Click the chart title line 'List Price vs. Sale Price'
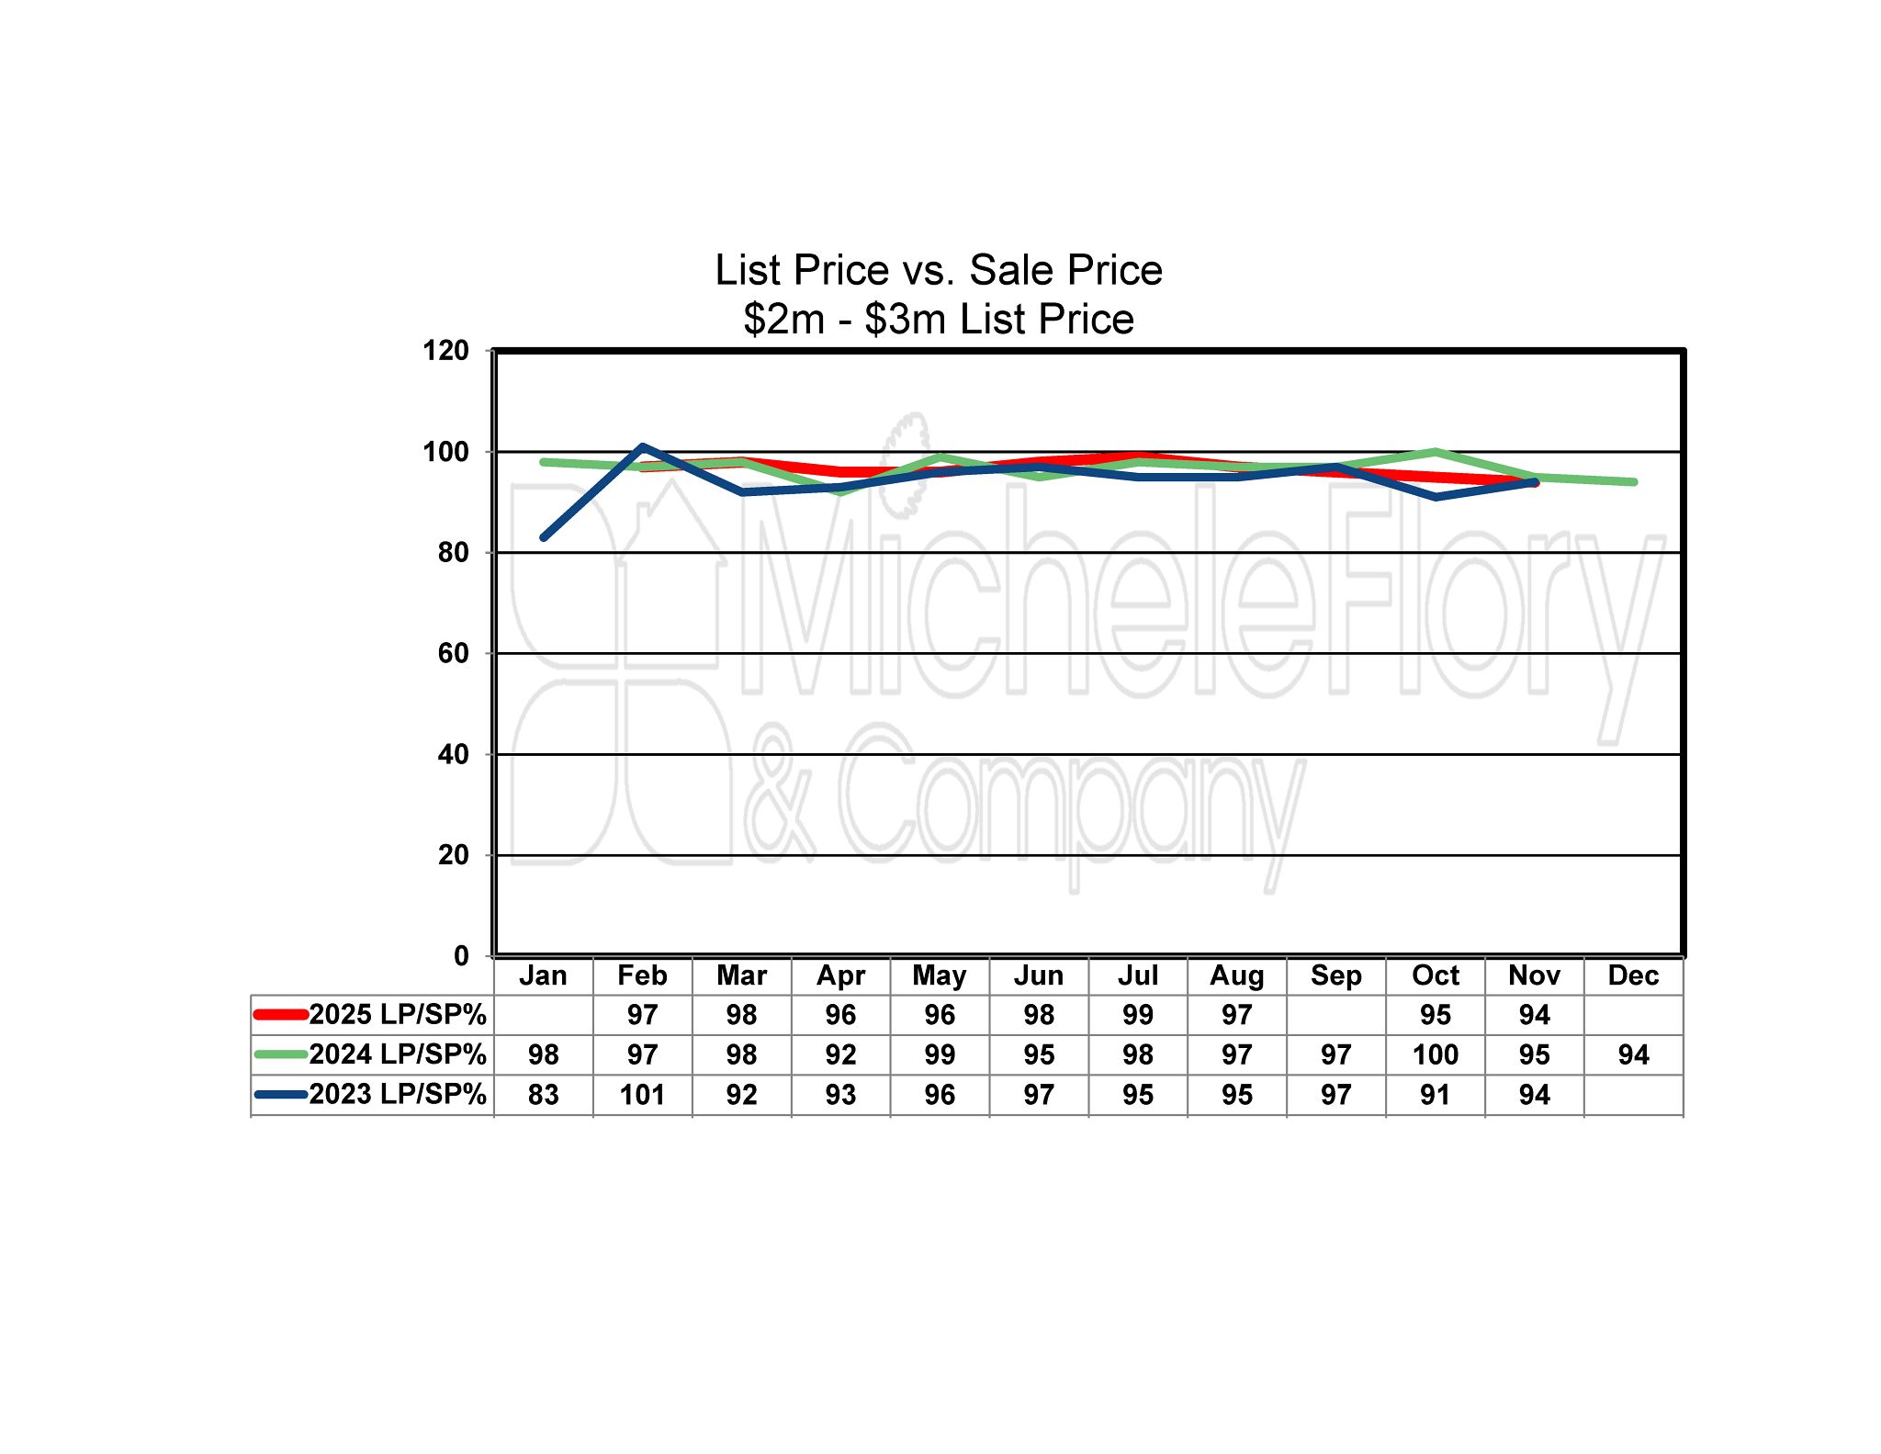click(x=939, y=270)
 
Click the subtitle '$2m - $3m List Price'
click(x=939, y=320)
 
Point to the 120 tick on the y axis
click(x=445, y=351)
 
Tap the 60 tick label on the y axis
click(x=454, y=654)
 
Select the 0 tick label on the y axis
click(x=461, y=956)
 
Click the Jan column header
click(x=543, y=975)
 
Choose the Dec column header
click(x=1633, y=975)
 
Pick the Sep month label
click(x=1335, y=975)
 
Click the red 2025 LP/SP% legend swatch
click(x=280, y=1015)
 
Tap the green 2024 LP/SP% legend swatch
click(x=280, y=1054)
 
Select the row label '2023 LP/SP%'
click(x=397, y=1095)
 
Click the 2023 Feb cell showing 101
click(x=642, y=1095)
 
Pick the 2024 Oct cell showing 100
click(x=1435, y=1054)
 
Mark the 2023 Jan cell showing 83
click(x=543, y=1095)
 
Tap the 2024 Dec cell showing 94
click(x=1633, y=1054)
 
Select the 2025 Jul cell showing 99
click(x=1137, y=1015)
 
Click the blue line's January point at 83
click(x=544, y=537)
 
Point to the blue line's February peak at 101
click(x=643, y=446)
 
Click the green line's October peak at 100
click(x=1435, y=452)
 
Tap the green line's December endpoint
click(x=1633, y=482)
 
